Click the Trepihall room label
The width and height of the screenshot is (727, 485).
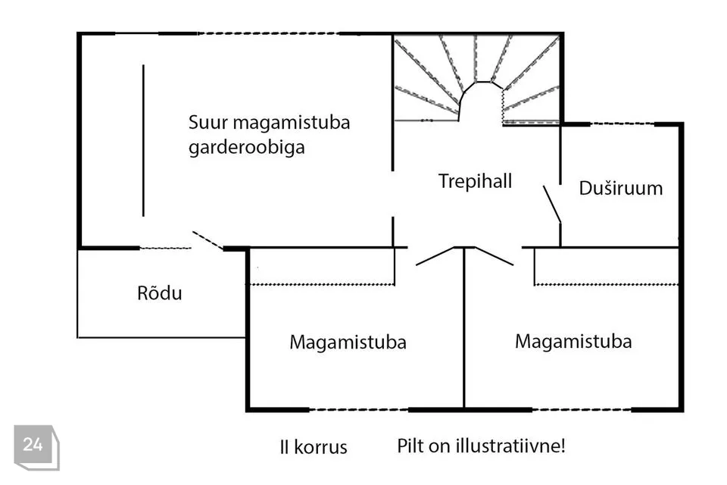point(476,181)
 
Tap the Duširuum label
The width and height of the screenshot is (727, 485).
point(621,188)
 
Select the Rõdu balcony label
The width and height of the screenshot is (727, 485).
point(160,293)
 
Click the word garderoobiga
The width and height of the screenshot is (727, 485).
point(247,148)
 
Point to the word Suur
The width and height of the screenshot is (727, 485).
point(208,123)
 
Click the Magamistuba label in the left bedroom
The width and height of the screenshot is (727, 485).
point(348,342)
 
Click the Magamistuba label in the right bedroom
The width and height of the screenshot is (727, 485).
point(573,341)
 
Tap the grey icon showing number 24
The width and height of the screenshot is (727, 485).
point(36,447)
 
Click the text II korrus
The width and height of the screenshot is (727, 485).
point(314,447)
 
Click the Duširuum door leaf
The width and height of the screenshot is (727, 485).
point(552,205)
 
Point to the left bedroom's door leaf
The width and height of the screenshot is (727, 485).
point(435,256)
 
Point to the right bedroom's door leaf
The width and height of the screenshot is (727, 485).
point(494,256)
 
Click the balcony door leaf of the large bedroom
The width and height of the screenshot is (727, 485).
point(208,240)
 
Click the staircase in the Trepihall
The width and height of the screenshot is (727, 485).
point(476,79)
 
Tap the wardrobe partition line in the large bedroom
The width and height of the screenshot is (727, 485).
point(143,140)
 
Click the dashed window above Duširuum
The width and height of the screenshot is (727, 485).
point(622,124)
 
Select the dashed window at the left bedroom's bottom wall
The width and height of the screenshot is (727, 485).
point(359,410)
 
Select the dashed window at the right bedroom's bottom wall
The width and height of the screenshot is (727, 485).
point(582,410)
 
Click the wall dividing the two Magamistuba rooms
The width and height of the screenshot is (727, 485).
point(464,327)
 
